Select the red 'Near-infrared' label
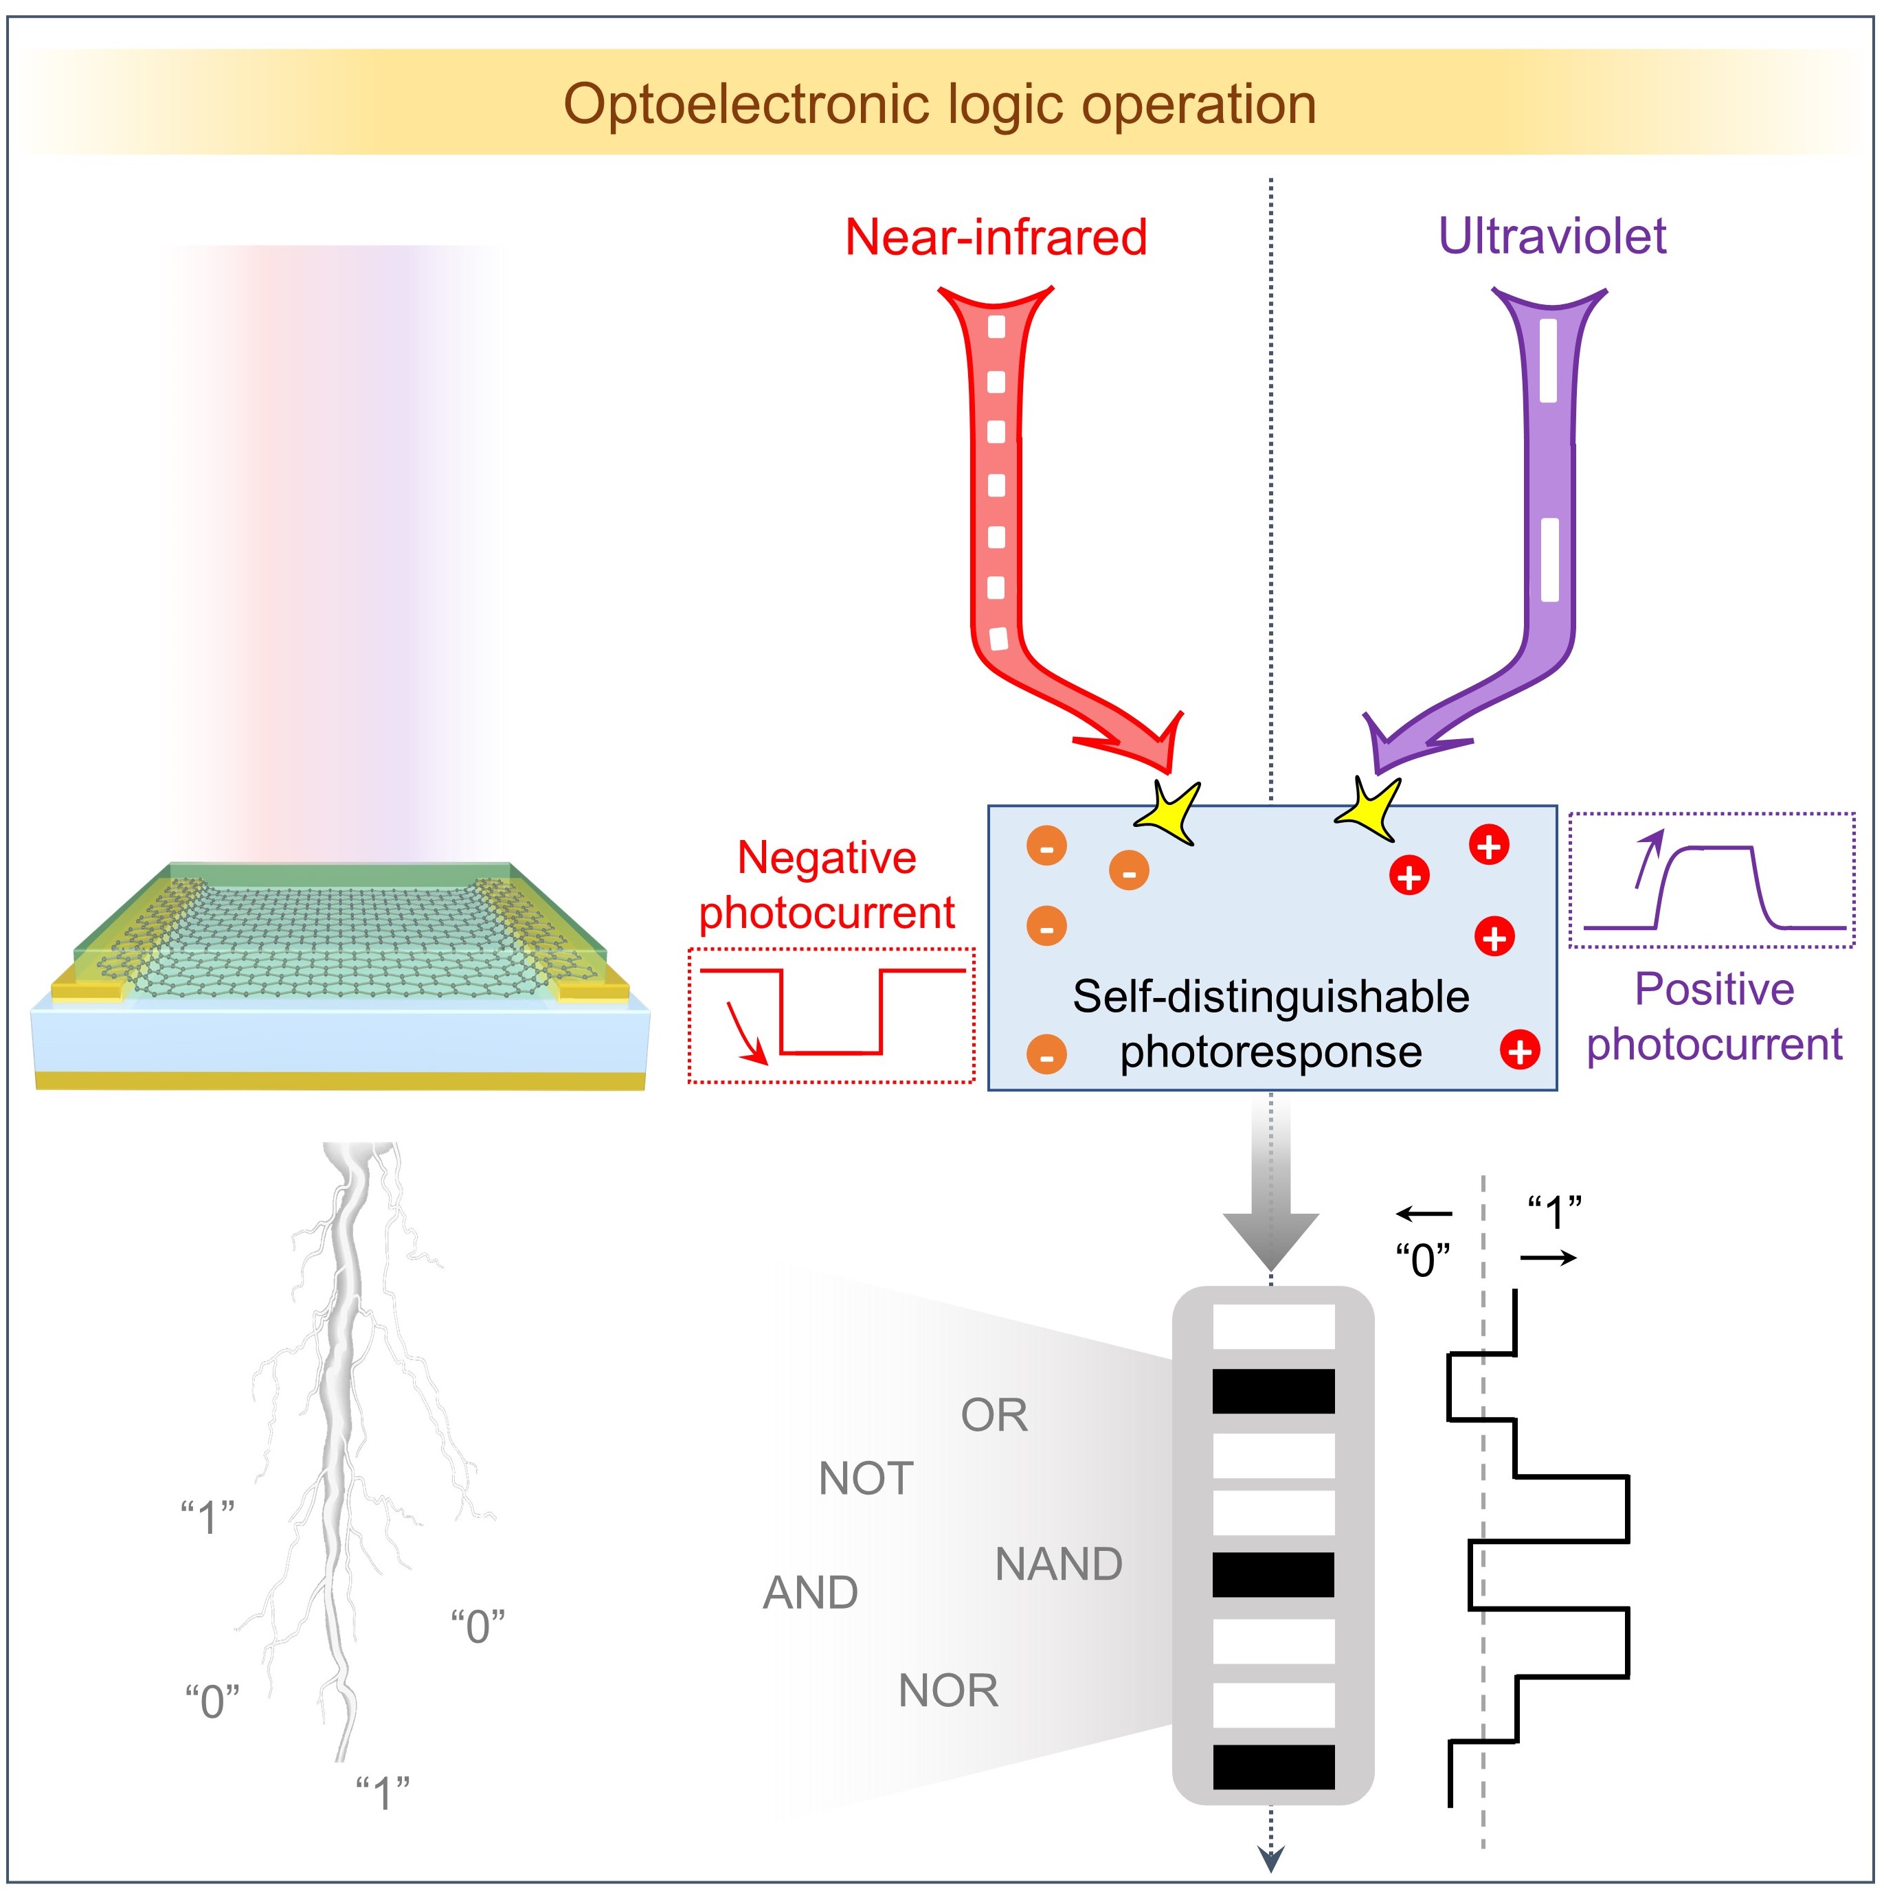point(995,237)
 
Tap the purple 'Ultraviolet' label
point(1551,236)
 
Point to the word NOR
point(948,1691)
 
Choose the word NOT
point(866,1479)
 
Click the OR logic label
point(994,1416)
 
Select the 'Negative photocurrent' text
point(827,885)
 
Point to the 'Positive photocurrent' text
point(1714,1016)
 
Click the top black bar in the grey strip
point(1273,1390)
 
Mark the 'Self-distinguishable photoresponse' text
point(1270,1024)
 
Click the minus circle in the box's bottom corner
point(1046,1054)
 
